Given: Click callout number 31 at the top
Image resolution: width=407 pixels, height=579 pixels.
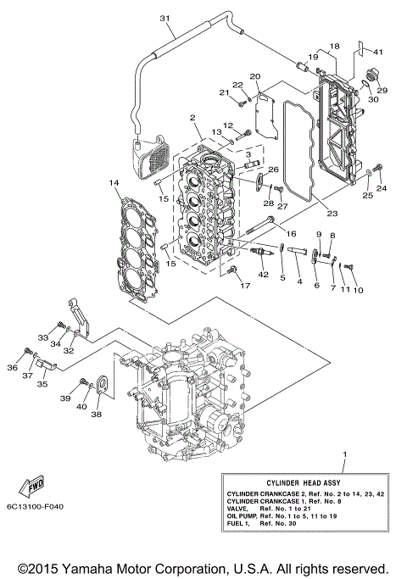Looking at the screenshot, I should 164,19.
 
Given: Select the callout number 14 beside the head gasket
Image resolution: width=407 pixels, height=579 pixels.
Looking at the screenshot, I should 114,182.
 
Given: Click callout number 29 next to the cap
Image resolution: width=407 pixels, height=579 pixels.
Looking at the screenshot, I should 382,91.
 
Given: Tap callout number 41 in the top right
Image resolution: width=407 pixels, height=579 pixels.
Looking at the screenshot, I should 378,53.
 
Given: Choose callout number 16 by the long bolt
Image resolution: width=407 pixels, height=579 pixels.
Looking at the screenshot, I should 291,232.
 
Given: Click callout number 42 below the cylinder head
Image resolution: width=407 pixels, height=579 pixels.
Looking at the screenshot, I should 263,275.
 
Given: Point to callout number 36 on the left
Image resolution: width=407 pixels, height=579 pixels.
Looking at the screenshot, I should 12,367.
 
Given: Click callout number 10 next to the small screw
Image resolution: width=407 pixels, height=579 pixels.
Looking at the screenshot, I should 358,290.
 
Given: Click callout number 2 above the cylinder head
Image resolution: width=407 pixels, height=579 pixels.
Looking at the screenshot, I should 193,118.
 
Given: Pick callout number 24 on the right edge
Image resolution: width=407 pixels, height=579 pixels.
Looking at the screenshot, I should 381,188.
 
